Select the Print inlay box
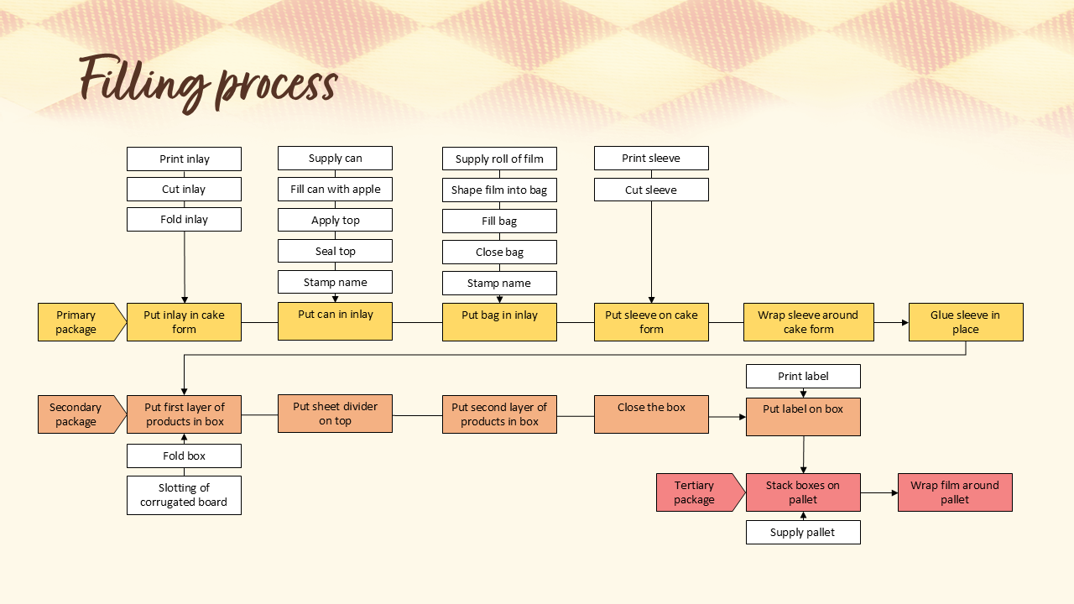pos(184,159)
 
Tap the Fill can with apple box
pos(335,190)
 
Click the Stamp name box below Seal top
pos(335,283)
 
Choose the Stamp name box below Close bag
pos(499,284)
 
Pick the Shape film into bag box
pos(499,190)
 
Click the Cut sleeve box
pos(651,190)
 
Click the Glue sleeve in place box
pos(965,322)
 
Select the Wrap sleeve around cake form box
pos(808,322)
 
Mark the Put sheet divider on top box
pos(335,414)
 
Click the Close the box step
pos(651,414)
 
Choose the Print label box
pos(803,377)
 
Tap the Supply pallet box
pos(803,533)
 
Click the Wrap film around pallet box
pos(955,492)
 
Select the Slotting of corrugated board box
pos(184,495)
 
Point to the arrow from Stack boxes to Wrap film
pos(878,493)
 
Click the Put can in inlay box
pos(335,321)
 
